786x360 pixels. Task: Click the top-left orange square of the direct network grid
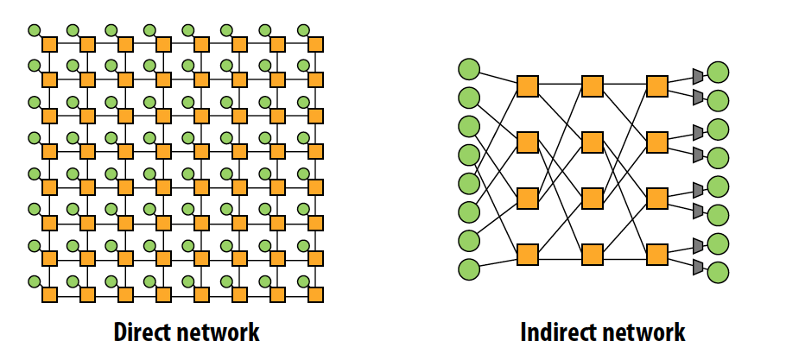tap(49, 43)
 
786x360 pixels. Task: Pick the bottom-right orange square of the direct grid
tap(315, 294)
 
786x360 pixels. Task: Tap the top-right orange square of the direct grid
tap(315, 43)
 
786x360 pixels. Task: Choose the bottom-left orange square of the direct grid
tap(49, 294)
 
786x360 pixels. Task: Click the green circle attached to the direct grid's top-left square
tap(35, 30)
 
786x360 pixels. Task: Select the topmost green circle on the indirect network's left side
tap(469, 68)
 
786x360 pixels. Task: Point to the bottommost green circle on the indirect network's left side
tap(469, 269)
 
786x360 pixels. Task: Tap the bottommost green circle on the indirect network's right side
tap(718, 273)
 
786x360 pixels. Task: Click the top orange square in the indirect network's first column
tap(528, 86)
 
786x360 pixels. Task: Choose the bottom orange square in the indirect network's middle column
tap(593, 254)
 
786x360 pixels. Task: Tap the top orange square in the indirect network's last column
tap(657, 86)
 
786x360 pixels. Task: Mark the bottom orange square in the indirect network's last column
tap(657, 254)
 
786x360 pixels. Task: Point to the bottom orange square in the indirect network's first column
tap(528, 254)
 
